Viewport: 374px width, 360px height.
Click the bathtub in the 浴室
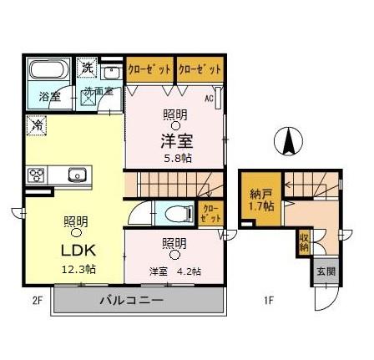coord(50,69)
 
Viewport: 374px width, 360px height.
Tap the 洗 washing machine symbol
coord(87,67)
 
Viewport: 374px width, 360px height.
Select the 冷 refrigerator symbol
coord(36,125)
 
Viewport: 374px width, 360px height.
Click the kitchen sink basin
coord(76,175)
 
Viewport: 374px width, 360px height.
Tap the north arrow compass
coord(288,141)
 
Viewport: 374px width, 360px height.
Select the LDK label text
coord(78,250)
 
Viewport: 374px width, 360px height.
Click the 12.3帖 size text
coord(78,270)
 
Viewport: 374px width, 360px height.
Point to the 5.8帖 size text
coord(177,159)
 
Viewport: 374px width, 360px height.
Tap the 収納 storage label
coord(304,243)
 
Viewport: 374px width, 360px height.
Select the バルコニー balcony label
coord(131,301)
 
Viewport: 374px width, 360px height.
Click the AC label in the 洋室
coord(209,99)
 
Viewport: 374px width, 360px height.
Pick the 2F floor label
coord(37,301)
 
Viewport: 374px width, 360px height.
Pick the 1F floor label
coord(269,301)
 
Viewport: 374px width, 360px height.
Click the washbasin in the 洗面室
coord(112,73)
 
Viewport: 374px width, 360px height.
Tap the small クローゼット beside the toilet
coord(211,214)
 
